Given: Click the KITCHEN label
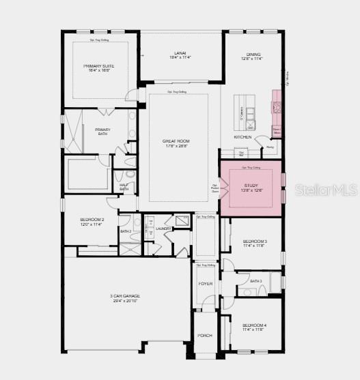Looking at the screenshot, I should coord(243,137).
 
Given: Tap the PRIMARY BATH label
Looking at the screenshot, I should coord(102,130).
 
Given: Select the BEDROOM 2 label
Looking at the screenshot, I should coord(92,219).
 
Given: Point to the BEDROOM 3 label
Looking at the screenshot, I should coord(255,242).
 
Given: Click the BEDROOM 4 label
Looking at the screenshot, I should coord(255,325).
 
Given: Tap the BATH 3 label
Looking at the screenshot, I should coord(256,281).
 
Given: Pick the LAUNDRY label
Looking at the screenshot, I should coord(163,229).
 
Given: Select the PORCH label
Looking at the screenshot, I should coord(205,336).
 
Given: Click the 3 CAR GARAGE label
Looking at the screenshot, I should coord(125,295).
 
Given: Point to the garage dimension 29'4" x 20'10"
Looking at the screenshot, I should coord(125,300).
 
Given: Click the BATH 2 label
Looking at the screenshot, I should coord(126,231).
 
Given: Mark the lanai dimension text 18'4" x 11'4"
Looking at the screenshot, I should coord(181,59).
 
